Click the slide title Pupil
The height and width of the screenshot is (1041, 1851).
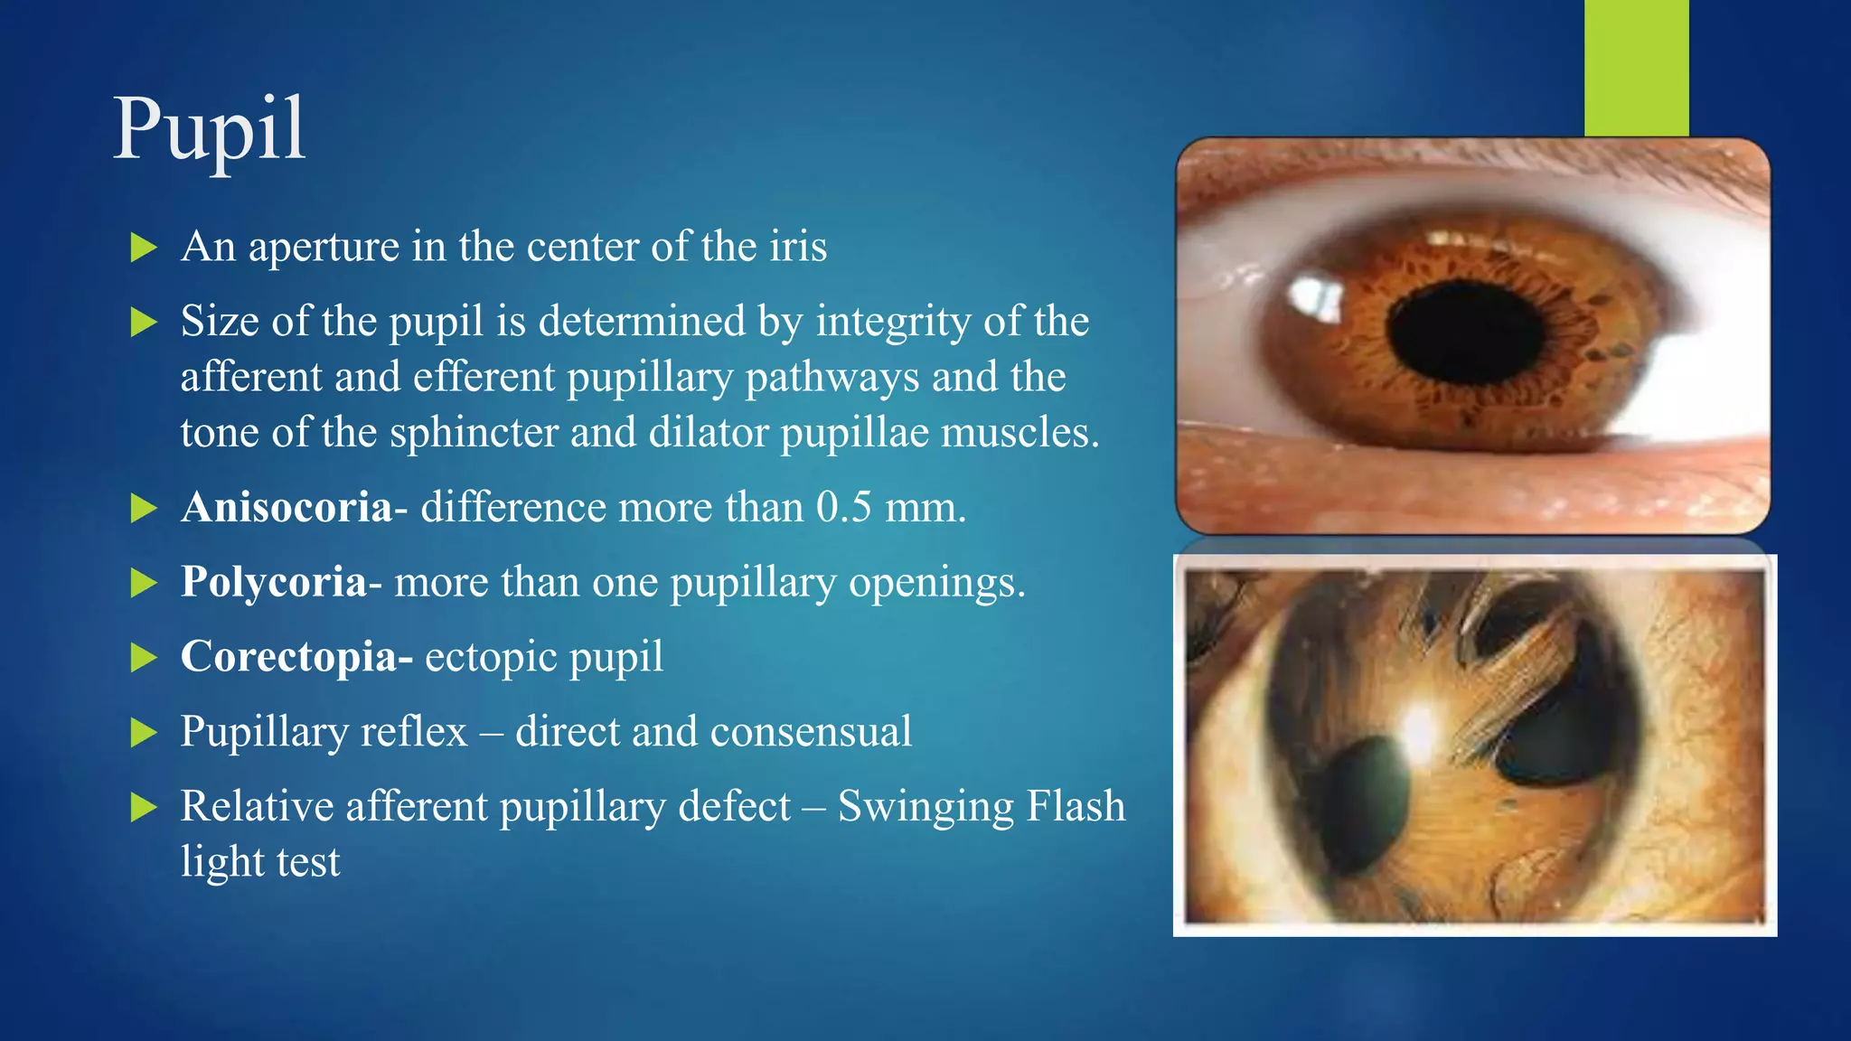pyautogui.click(x=209, y=130)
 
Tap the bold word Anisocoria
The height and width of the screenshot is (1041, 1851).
pyautogui.click(x=287, y=507)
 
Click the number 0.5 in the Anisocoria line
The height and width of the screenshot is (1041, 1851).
pyautogui.click(x=843, y=507)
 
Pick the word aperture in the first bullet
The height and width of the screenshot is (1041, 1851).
pyautogui.click(x=324, y=247)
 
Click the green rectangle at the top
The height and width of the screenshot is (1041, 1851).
pyautogui.click(x=1636, y=68)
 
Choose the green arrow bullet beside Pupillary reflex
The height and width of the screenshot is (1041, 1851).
pyautogui.click(x=144, y=732)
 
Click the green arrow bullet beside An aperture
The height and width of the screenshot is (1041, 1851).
pyautogui.click(x=144, y=248)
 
